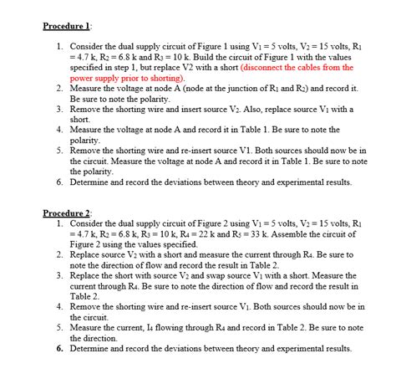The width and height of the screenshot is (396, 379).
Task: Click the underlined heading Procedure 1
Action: click(66, 26)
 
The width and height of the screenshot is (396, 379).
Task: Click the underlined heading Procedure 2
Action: click(66, 213)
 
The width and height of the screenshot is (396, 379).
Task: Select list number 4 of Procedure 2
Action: click(60, 306)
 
